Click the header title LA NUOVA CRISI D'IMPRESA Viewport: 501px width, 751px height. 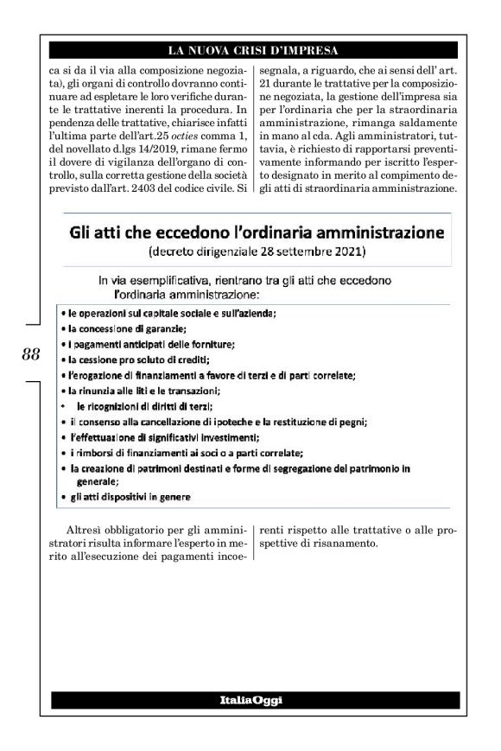(250, 48)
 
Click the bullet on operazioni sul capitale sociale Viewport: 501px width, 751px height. (173, 312)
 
